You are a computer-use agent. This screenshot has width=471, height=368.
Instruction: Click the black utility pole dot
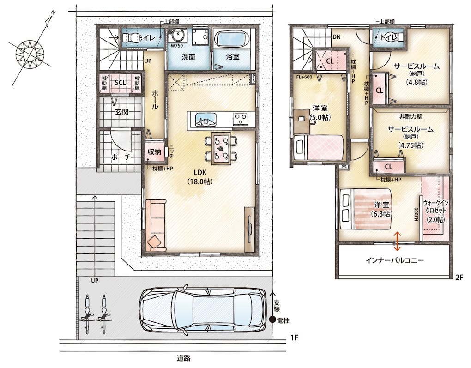pos(273,320)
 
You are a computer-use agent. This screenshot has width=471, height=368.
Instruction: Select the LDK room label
pos(200,172)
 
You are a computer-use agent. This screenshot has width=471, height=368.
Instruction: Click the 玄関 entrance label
pos(122,112)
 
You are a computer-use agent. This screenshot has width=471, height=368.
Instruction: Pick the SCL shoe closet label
pos(121,83)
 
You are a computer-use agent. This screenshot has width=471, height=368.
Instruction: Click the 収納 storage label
pos(154,152)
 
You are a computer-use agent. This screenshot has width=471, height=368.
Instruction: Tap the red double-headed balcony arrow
pos(398,241)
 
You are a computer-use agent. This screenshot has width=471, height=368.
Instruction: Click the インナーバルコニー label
pos(395,260)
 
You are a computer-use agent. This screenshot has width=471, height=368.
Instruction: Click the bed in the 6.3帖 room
pos(366,209)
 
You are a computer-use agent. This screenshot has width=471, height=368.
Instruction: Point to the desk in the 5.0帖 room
pos(302,121)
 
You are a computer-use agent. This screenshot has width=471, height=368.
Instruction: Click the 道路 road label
pos(183,358)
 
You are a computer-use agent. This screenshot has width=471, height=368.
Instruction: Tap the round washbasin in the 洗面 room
pos(177,36)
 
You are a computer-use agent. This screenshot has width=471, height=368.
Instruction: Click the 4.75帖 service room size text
pos(411,145)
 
